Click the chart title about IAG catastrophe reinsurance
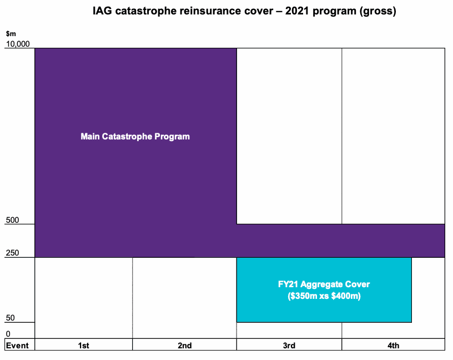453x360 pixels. (244, 12)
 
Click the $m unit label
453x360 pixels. (10, 34)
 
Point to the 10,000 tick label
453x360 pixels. (17, 44)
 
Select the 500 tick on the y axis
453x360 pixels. (12, 220)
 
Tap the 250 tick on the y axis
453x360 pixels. (12, 253)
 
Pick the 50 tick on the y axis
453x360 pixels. (11, 318)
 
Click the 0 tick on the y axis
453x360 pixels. (8, 334)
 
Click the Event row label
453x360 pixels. (17, 346)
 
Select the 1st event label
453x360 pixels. (83, 346)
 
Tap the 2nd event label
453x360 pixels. (184, 346)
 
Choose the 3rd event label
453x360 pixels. (289, 346)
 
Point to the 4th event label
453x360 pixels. (393, 346)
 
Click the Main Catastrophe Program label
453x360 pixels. (135, 136)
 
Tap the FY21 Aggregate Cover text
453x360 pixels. (324, 284)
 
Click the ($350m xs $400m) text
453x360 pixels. (324, 297)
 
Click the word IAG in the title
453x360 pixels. (102, 12)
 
